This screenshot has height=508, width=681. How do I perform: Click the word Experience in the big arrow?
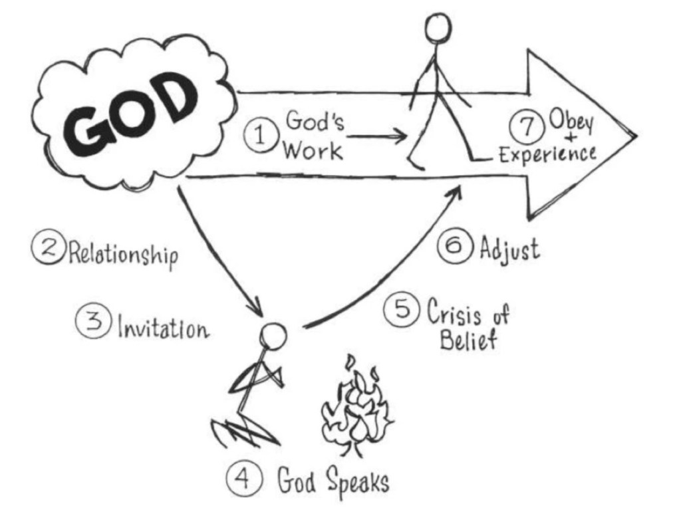[x=547, y=155]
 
